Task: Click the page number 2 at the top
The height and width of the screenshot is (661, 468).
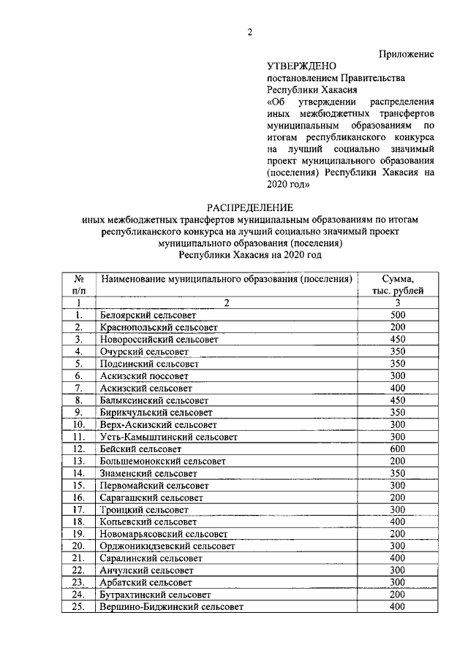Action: point(249,31)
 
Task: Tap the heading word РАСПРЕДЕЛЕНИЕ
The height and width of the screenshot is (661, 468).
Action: point(249,207)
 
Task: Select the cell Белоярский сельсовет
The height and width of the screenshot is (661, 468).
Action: point(148,315)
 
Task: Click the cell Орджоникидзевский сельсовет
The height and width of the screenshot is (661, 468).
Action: point(168,546)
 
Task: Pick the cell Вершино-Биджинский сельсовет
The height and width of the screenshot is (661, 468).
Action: point(171,607)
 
